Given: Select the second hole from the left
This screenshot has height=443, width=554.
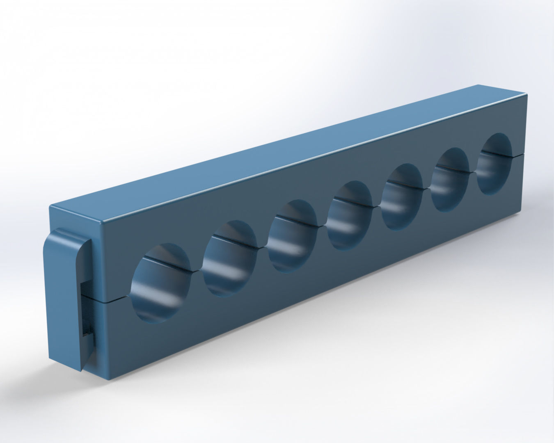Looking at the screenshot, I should (229, 257).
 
